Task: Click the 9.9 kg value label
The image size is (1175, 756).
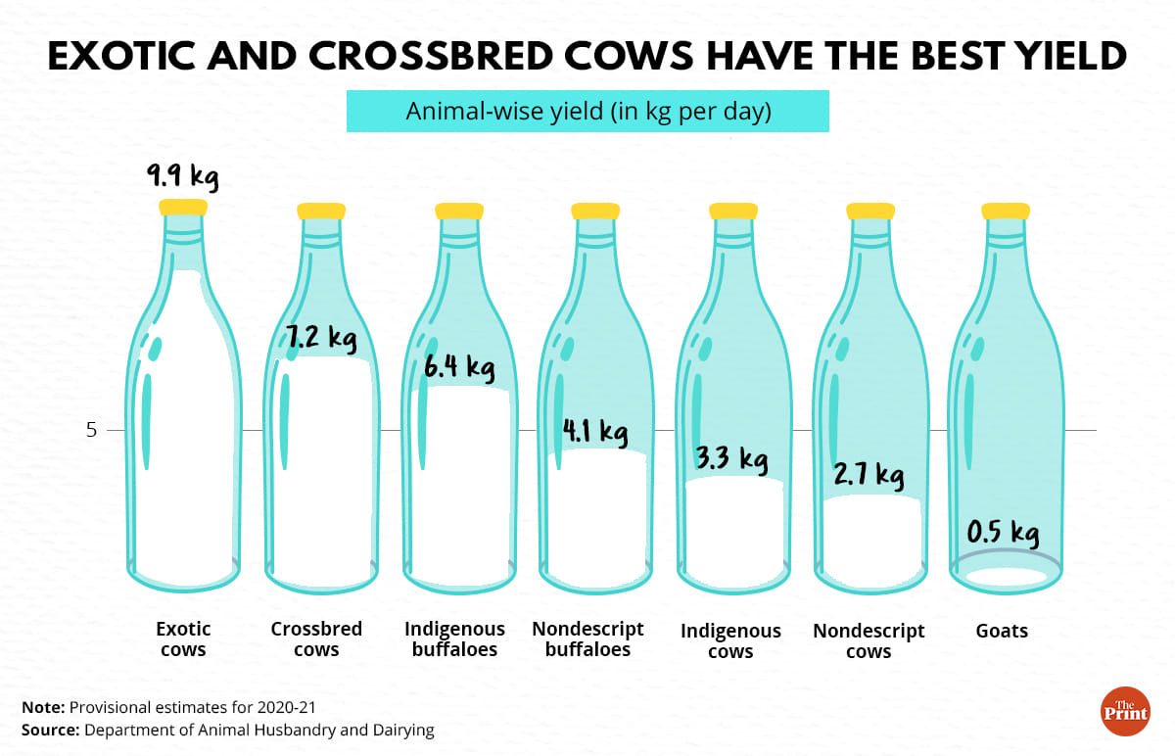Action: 182,177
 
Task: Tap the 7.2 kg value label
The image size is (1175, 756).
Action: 321,339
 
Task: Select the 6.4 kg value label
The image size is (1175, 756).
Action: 459,368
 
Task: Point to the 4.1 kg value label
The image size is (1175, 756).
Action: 594,430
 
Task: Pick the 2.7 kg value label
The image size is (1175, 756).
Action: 869,476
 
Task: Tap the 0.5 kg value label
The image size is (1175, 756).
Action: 1003,534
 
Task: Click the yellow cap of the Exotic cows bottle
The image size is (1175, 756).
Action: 184,207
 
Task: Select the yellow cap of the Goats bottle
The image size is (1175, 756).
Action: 1006,211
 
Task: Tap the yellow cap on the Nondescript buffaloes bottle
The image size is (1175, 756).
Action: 595,211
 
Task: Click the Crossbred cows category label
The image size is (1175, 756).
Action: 316,638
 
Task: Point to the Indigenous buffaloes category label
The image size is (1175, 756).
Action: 454,638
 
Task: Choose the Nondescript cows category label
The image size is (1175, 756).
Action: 869,640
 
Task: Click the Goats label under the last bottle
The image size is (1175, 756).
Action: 1002,631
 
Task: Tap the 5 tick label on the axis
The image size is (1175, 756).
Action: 91,429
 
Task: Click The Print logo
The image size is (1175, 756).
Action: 1125,710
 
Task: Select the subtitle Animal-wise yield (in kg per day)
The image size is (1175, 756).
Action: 588,112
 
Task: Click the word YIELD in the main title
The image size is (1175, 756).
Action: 1057,57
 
